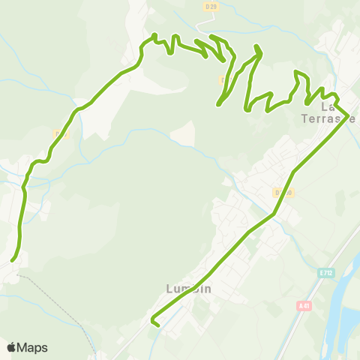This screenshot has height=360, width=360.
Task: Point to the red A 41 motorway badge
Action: (304, 305)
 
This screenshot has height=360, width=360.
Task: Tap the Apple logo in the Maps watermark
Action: (11, 347)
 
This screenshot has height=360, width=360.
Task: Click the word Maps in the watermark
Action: (32, 347)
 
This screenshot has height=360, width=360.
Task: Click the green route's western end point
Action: (13, 260)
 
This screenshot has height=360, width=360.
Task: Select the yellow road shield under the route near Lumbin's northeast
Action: (283, 193)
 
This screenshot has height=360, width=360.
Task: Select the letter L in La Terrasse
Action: (324, 107)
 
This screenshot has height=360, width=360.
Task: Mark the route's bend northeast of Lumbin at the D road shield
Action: (274, 214)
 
